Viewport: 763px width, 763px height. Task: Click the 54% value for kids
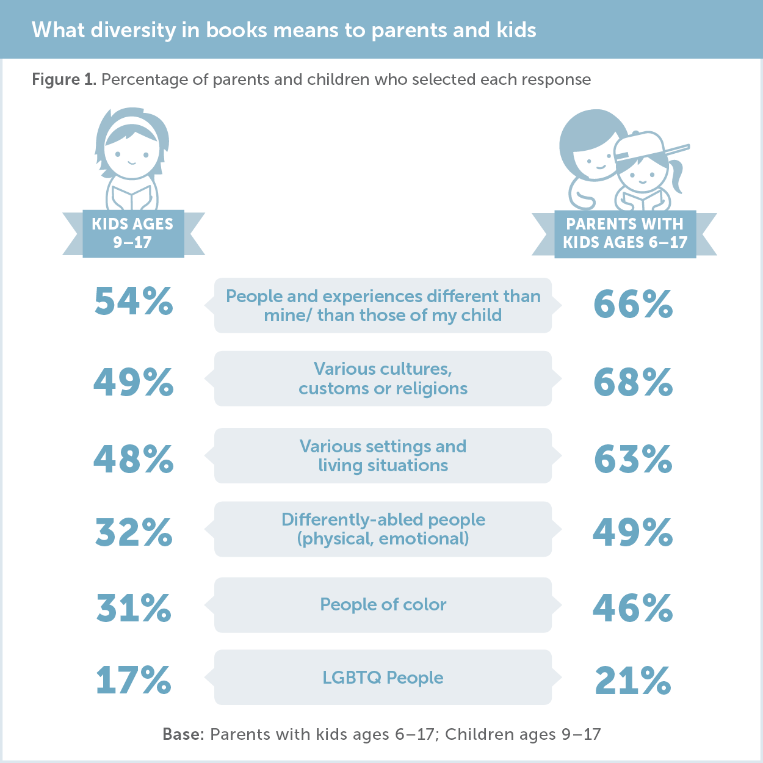[134, 302]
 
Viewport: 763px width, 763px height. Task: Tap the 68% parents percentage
[633, 383]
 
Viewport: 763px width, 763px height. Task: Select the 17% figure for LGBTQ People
[134, 681]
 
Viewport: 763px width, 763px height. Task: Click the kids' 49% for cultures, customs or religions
[134, 383]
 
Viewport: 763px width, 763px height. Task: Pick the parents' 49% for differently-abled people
[633, 532]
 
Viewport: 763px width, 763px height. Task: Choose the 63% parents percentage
[633, 460]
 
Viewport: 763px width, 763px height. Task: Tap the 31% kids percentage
[134, 609]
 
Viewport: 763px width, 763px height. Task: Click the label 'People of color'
[383, 605]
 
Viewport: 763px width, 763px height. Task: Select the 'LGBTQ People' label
[383, 678]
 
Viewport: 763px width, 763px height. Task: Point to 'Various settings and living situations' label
[383, 456]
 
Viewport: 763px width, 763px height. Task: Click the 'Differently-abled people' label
[383, 520]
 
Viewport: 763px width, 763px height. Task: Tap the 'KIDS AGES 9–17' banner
[133, 233]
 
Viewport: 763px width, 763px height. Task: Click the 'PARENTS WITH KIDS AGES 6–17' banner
[625, 233]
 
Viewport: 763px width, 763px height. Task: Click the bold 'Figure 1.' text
[63, 80]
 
